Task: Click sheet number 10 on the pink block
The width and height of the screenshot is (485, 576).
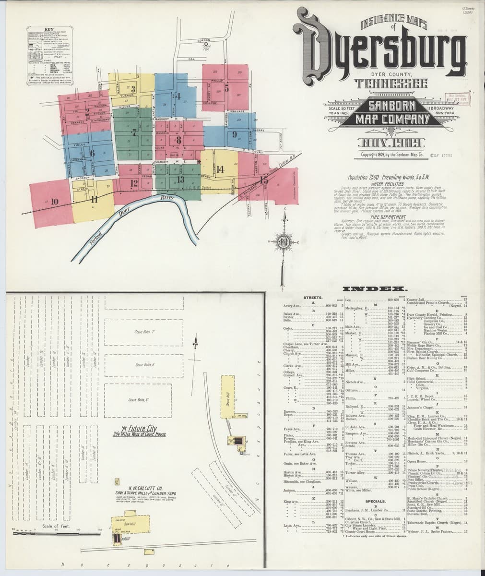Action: coord(53,202)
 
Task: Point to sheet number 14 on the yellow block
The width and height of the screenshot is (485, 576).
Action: coord(220,168)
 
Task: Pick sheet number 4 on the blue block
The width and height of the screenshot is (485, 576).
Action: coord(178,96)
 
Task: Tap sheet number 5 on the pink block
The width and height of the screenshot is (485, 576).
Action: coord(226,87)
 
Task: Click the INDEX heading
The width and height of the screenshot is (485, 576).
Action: coord(374,289)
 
